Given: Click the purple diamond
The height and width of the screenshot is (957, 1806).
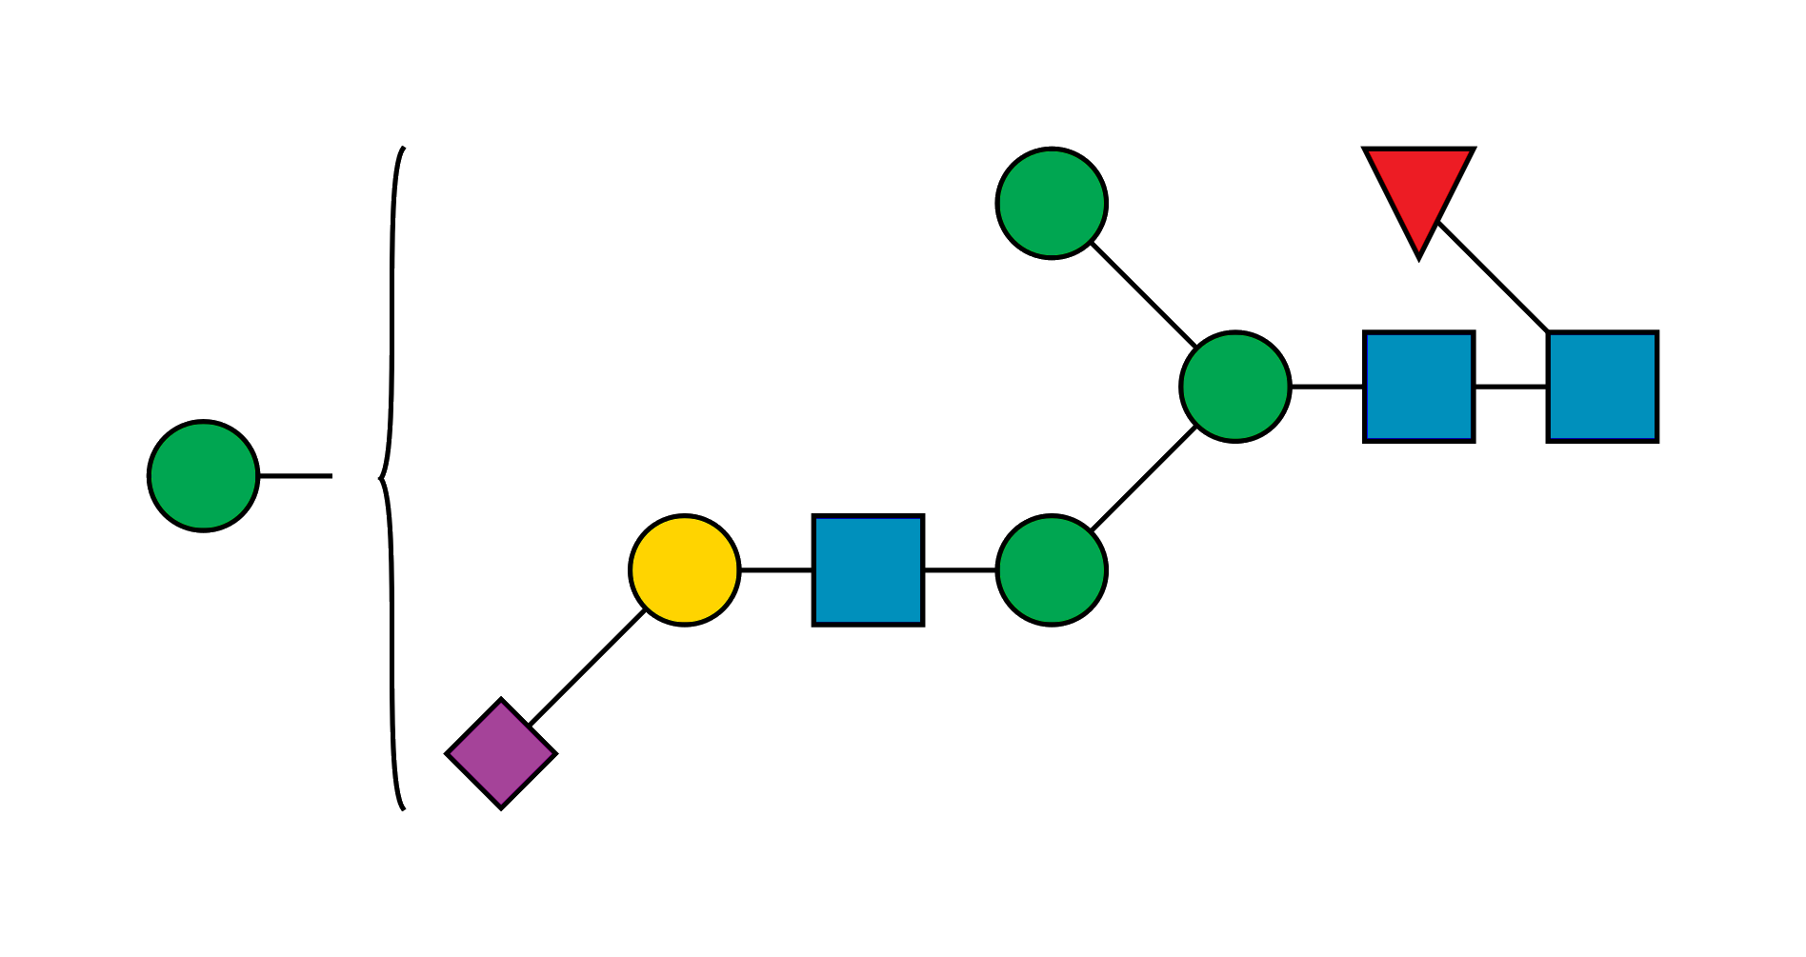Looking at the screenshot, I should pyautogui.click(x=501, y=753).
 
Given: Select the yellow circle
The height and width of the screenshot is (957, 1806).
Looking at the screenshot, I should pyautogui.click(x=684, y=570).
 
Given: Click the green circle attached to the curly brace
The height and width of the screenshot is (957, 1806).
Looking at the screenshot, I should pyautogui.click(x=203, y=475).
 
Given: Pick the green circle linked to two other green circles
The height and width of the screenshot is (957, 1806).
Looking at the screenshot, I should pyautogui.click(x=1234, y=386).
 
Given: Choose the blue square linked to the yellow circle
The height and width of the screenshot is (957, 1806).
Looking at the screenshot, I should pyautogui.click(x=868, y=570).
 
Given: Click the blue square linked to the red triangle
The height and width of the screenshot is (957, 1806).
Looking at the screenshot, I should pyautogui.click(x=1602, y=386).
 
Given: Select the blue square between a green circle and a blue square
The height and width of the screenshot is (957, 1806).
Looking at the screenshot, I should pyautogui.click(x=1419, y=386).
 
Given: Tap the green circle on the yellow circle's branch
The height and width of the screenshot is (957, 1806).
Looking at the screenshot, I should pyautogui.click(x=1052, y=570).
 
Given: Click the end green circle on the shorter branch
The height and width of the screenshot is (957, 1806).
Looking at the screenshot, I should pyautogui.click(x=1052, y=203).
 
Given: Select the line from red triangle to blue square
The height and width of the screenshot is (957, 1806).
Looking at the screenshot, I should pyautogui.click(x=1494, y=276).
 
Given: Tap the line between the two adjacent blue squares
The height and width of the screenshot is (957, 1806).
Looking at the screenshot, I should pyautogui.click(x=1511, y=386).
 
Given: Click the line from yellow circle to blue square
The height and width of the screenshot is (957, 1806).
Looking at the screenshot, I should pyautogui.click(x=775, y=570).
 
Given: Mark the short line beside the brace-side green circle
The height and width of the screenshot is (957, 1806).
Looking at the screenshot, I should pyautogui.click(x=295, y=475).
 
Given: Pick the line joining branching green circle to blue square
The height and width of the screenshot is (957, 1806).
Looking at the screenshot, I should pyautogui.click(x=1327, y=386).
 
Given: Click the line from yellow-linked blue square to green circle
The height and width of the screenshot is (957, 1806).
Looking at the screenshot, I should pyautogui.click(x=960, y=570).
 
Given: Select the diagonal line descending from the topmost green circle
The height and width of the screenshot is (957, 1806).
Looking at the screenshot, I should pyautogui.click(x=1142, y=294).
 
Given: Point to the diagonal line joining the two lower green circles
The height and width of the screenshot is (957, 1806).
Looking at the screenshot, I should pyautogui.click(x=1145, y=479).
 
